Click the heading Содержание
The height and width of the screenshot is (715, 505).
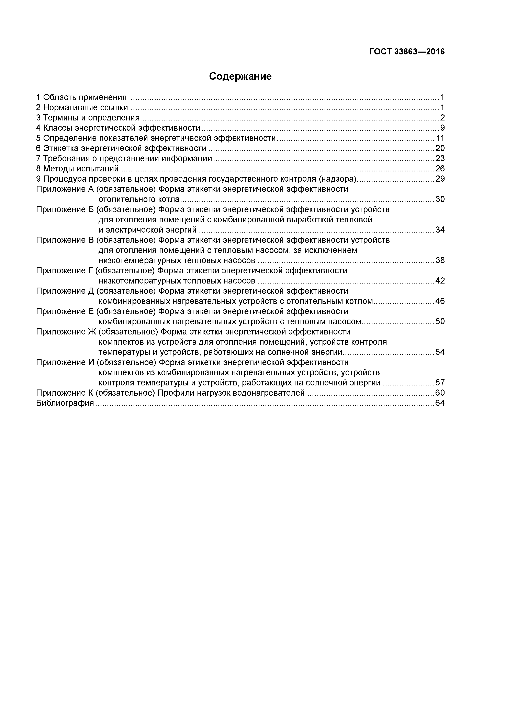click(240, 76)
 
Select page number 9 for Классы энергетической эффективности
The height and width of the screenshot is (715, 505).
click(442, 128)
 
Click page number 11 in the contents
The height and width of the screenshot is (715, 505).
click(440, 138)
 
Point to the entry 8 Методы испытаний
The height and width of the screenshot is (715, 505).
click(77, 169)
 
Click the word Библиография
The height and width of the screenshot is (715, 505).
click(65, 403)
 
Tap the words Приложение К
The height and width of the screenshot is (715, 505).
click(65, 393)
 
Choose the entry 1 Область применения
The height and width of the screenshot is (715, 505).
click(81, 97)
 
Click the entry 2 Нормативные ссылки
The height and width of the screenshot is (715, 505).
click(82, 108)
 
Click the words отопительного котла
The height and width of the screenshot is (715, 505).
click(139, 199)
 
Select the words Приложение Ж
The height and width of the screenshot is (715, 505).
click(66, 332)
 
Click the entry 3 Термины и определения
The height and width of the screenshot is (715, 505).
click(88, 118)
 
